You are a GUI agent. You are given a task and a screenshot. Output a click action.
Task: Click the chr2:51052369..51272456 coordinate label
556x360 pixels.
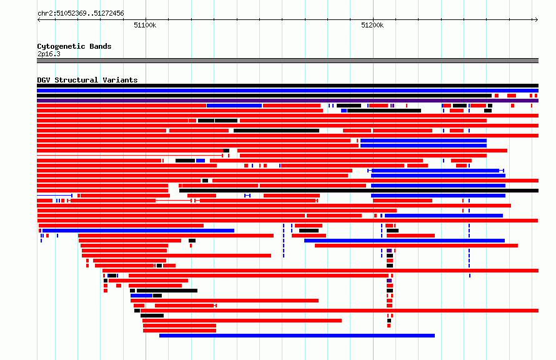(81, 14)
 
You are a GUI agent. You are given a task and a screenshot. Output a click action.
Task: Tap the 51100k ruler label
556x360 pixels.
(145, 25)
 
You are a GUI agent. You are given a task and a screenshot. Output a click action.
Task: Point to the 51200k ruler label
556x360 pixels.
(372, 25)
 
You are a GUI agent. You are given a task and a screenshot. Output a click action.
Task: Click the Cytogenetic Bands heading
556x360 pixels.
(74, 46)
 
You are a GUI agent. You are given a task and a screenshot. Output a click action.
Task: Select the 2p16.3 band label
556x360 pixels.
(49, 54)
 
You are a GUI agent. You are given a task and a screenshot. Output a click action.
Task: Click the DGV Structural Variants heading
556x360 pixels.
(87, 80)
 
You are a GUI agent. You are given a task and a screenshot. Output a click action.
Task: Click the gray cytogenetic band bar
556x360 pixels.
(287, 61)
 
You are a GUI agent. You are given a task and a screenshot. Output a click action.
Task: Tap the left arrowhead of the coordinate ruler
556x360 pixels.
(38, 20)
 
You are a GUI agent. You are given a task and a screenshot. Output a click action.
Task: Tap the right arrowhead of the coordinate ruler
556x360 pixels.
(537, 20)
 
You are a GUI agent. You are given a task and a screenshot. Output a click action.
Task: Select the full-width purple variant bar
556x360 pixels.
(287, 101)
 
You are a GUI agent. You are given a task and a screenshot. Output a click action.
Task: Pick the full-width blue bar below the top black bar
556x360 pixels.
(287, 91)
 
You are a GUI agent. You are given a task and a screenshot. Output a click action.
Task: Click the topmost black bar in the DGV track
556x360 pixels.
(287, 86)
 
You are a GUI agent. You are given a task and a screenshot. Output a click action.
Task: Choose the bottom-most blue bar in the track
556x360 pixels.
(297, 336)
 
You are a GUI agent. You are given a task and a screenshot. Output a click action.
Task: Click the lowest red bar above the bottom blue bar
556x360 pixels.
(179, 331)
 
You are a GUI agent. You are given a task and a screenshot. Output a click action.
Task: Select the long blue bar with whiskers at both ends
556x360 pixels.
(436, 171)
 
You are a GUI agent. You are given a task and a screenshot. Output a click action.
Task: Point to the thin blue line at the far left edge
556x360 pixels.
(54, 196)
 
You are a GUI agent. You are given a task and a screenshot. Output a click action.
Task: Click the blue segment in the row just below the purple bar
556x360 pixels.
(234, 106)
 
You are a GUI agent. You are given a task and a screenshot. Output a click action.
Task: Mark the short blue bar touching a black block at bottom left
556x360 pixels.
(141, 296)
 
